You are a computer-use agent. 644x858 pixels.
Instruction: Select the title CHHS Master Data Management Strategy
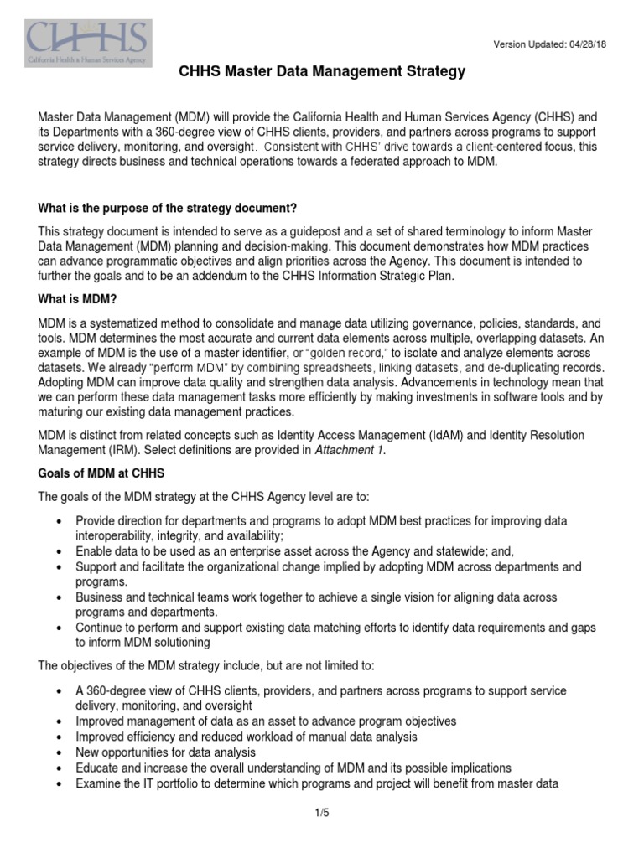(x=322, y=73)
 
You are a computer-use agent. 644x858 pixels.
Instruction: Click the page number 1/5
(x=322, y=813)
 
